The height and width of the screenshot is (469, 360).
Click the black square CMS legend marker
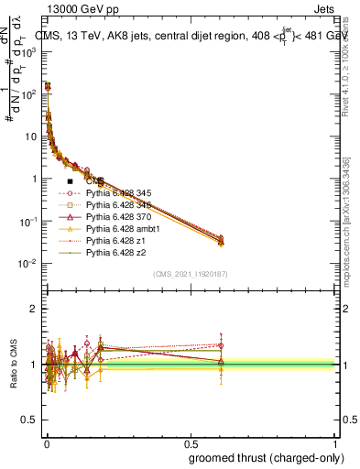[71, 181]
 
